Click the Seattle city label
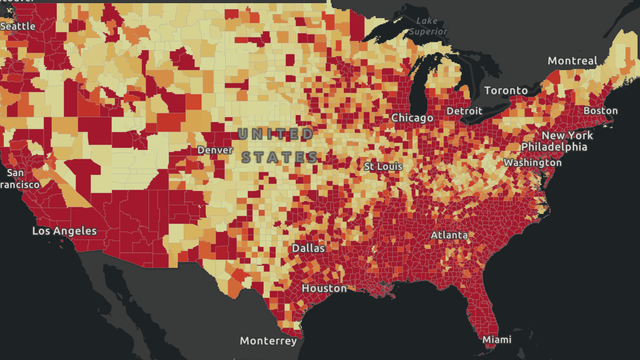coord(18,25)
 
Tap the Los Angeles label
coord(66,231)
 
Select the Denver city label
coord(215,150)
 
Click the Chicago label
coord(412,118)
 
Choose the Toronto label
coord(506,91)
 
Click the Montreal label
coord(572,61)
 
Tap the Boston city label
coord(600,110)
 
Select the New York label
coord(567,135)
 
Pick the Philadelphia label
coord(554,147)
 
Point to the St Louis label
coord(383,166)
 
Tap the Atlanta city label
coord(449,235)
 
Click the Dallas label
coord(308,248)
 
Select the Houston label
coord(324,288)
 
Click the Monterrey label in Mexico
coord(268,341)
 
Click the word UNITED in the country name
coord(276,134)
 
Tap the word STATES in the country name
coord(279,158)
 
